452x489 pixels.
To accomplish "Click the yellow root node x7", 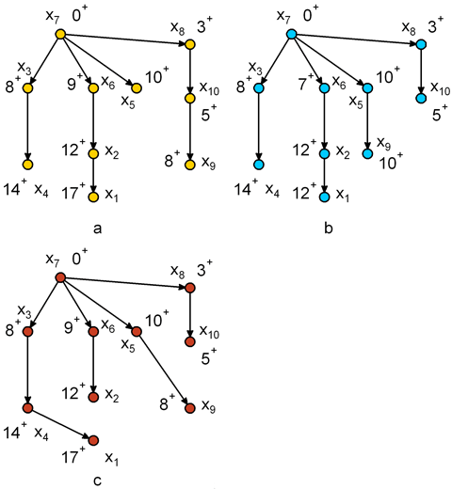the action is tap(60, 34).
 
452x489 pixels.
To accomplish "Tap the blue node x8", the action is tap(421, 44).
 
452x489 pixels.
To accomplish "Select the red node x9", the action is tap(190, 408).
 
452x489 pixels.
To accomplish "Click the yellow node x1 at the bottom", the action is tap(93, 197).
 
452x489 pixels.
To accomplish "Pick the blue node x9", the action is tap(367, 154).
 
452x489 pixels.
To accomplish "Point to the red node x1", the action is tap(93, 440).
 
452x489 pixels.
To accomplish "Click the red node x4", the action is tap(28, 408).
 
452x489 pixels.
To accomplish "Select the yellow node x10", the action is tap(190, 99).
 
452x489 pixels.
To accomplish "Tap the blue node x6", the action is tap(324, 88).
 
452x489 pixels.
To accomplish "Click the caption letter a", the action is tap(98, 229).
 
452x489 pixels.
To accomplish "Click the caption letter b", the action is tap(329, 228).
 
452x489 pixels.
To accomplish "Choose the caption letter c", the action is tap(98, 481).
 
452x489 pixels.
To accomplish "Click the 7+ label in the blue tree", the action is tap(306, 84).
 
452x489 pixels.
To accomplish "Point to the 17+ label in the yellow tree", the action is tap(73, 192).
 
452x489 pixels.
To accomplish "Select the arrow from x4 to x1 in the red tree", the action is tap(60, 424).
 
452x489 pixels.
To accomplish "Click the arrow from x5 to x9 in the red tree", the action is tap(163, 370).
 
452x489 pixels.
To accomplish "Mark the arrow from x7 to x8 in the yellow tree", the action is tap(125, 39).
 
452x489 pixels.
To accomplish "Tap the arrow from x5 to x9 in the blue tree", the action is tap(367, 121).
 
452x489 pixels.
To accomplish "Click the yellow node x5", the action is tap(137, 88).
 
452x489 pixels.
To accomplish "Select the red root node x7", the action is tap(60, 277).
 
